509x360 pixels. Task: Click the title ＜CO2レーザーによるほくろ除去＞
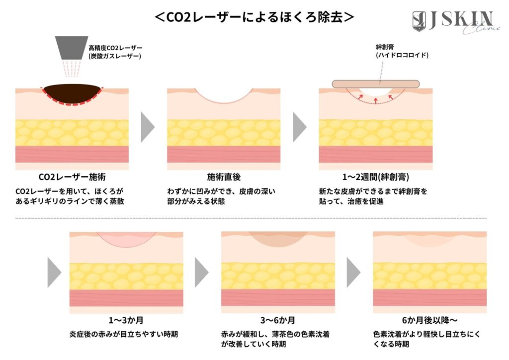[254, 17]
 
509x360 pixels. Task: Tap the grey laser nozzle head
[72, 48]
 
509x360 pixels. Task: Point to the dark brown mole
[72, 93]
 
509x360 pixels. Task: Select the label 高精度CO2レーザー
[115, 48]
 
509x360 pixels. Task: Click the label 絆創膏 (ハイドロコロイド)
[402, 51]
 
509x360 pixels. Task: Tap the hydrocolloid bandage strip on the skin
[376, 84]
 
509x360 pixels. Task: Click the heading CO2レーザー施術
[72, 177]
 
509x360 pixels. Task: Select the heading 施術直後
[224, 177]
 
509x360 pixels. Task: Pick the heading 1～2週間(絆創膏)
[376, 177]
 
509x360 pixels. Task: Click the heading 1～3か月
[126, 320]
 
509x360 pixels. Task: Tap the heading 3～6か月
[277, 320]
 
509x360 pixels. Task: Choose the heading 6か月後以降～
[429, 320]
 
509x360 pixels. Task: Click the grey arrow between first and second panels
[147, 127]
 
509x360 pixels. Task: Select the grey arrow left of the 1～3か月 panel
[54, 272]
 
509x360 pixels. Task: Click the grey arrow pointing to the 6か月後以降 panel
[353, 272]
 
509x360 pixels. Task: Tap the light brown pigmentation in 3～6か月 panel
[278, 239]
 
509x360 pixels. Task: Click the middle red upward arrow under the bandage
[376, 100]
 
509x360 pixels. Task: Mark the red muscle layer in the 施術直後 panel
[224, 154]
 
